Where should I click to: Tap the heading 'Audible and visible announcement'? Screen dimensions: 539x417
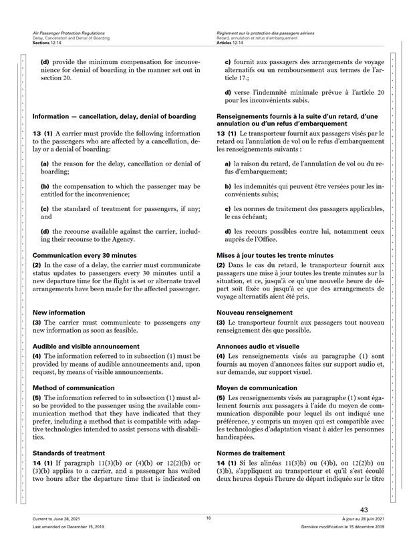pyautogui.click(x=86, y=347)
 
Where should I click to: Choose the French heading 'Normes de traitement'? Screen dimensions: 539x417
pyautogui.click(x=251, y=452)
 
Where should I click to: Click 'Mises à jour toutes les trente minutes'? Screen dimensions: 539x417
pyautogui.click(x=275, y=255)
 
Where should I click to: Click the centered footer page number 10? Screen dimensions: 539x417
pyautogui.click(x=208, y=518)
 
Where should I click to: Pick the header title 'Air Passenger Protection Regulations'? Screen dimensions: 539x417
pyautogui.click(x=68, y=33)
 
